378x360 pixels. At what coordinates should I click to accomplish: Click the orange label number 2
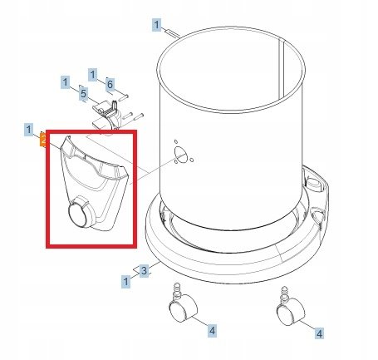[43, 141]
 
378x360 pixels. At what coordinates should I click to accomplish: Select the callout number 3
[144, 270]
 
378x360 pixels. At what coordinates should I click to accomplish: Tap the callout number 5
[84, 94]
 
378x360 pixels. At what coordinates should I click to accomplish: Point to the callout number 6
[110, 84]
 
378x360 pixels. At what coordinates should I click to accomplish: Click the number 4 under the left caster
[212, 331]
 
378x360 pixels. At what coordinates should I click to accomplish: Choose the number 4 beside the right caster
[319, 333]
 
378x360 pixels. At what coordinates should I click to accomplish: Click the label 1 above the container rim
[157, 25]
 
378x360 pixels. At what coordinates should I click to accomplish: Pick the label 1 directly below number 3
[126, 282]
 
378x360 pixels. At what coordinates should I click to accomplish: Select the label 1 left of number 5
[66, 82]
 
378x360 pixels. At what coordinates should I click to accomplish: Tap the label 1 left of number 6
[93, 75]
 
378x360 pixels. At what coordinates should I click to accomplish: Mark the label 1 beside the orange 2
[29, 130]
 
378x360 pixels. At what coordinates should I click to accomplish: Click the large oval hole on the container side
[180, 153]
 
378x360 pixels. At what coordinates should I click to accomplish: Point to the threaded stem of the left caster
[176, 289]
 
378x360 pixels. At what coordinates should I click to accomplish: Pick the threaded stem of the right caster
[284, 293]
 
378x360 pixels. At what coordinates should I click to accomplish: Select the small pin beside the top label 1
[173, 33]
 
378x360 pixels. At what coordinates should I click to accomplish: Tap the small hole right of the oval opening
[192, 160]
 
